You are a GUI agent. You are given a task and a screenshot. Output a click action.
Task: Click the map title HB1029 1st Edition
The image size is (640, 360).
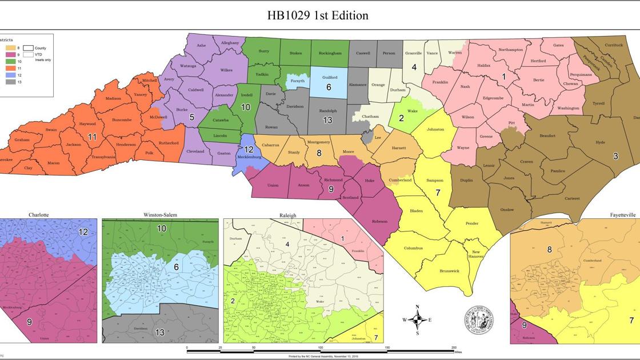(318, 15)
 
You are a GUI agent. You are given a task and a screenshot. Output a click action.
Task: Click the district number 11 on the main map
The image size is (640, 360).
(92, 137)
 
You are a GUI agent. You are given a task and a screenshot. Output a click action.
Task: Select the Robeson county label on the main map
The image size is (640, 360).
(379, 221)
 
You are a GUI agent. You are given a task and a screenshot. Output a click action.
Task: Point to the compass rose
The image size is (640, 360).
(417, 320)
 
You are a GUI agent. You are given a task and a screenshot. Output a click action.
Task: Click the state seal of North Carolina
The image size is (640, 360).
(478, 320)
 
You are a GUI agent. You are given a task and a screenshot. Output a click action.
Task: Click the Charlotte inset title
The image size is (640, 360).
(39, 215)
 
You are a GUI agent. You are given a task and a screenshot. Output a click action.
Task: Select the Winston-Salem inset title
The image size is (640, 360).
(160, 215)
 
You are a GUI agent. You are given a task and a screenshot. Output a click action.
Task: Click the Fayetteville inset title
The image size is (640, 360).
(622, 215)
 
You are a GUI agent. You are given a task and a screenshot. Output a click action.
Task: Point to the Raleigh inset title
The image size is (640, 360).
(287, 215)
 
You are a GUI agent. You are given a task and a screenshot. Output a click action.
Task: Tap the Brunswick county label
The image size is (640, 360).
(449, 271)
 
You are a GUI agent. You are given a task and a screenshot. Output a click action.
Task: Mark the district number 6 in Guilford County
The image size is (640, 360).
(329, 87)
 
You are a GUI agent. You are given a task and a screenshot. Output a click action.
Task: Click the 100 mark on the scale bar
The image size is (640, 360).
(320, 347)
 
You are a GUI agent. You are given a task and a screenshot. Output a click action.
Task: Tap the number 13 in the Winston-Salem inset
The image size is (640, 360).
(160, 332)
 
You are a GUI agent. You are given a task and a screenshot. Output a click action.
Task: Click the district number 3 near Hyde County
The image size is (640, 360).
(615, 155)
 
